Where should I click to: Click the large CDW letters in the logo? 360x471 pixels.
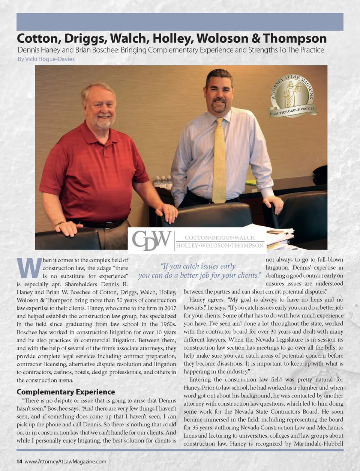151,240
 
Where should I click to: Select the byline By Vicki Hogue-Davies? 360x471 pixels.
46,59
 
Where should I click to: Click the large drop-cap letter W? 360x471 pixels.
29,267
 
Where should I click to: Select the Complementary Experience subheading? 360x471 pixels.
66,392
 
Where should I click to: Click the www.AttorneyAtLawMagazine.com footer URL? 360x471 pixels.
65,461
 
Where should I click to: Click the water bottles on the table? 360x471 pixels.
163,182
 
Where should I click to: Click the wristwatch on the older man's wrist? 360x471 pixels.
59,224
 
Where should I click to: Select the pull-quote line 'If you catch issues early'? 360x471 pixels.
198,266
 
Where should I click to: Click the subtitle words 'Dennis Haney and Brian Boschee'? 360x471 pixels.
68,50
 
